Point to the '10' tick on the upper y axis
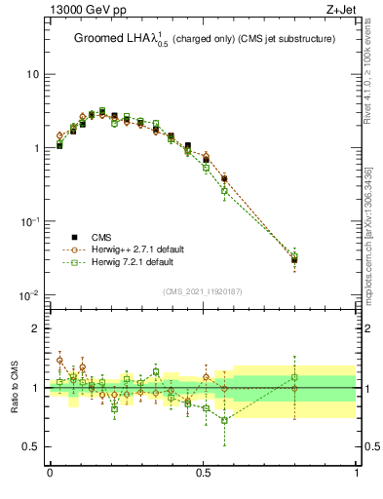(x=31, y=74)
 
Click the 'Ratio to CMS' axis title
(x=13, y=387)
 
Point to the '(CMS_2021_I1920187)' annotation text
(x=203, y=290)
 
